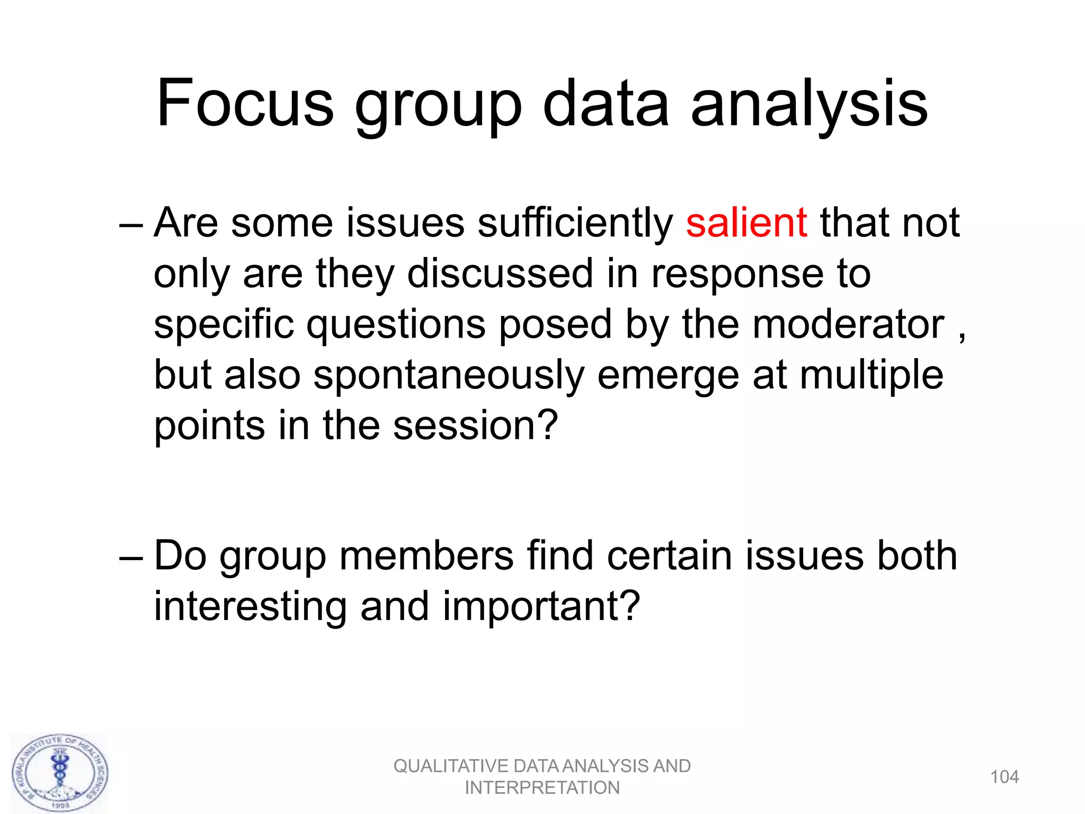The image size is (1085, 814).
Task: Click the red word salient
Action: coord(746,223)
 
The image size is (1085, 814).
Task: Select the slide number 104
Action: coord(1004,777)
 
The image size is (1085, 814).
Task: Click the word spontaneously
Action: coord(449,376)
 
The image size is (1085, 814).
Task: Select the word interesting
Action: coord(250,607)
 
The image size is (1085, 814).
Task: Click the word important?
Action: coord(541,607)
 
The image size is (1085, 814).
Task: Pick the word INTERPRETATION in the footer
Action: coord(542,788)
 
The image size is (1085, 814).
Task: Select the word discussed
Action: coord(500,274)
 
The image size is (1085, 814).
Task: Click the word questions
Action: coord(396,325)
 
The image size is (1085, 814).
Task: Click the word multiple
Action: coord(871,376)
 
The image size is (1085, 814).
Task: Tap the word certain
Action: coord(669,556)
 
